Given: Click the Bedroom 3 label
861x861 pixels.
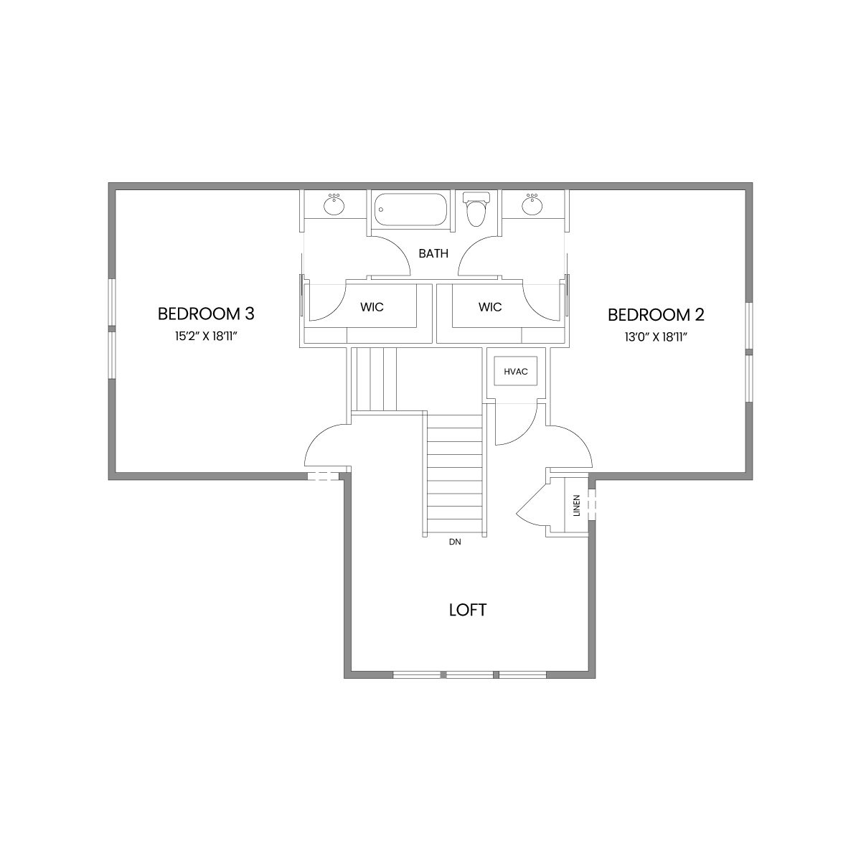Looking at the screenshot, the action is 206,314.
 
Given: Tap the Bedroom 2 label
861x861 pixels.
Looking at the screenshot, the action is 656,315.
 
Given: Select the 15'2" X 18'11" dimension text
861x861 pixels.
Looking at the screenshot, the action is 205,337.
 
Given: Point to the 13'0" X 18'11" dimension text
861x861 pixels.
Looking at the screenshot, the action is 656,337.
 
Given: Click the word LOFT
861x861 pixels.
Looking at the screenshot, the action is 467,610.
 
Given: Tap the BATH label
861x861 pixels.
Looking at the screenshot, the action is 433,253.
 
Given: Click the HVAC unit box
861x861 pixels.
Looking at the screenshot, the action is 516,371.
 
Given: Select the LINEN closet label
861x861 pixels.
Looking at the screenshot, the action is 576,505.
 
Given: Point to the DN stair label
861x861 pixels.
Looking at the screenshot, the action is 455,542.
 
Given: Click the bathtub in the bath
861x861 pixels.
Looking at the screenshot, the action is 410,210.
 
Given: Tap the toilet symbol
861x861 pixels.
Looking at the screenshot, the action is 476,208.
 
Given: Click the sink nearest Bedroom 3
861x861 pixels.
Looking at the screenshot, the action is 334,205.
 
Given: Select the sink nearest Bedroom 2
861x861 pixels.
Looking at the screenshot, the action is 532,205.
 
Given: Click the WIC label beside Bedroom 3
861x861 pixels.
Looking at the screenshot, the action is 372,307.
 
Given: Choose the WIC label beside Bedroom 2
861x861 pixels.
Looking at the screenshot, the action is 490,307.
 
